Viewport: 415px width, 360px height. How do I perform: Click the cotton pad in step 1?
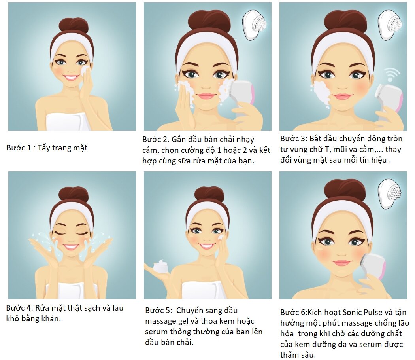85,70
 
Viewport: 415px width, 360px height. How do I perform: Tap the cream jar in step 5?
160,266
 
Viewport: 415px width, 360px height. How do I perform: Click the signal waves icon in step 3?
391,74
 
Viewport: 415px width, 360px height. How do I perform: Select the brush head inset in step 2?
255,25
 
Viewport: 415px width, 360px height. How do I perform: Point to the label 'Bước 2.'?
156,139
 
